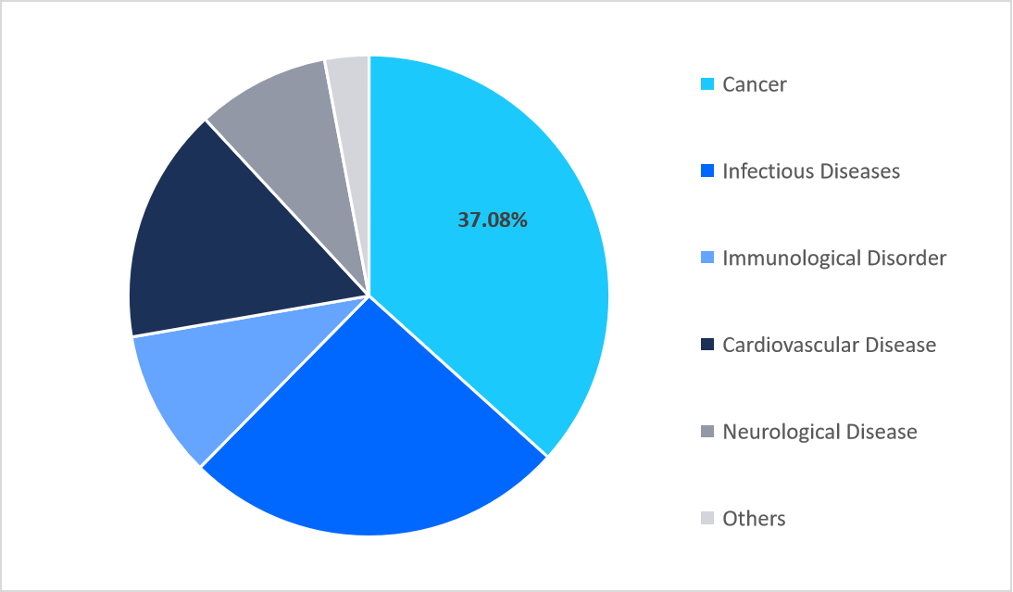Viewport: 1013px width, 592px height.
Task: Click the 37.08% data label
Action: tap(493, 220)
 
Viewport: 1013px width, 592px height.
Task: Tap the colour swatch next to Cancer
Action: tap(707, 84)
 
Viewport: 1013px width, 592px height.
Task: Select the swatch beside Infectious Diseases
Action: tap(707, 171)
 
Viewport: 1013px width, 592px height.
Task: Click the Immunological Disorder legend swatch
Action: tap(707, 258)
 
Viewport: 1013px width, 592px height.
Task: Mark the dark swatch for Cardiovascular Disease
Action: tap(707, 345)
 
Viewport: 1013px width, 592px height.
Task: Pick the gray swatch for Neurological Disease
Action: tap(707, 432)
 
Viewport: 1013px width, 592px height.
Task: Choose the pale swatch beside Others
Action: tap(707, 519)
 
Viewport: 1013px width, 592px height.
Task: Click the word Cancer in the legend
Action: tap(755, 84)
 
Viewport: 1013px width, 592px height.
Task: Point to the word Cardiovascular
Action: tap(790, 345)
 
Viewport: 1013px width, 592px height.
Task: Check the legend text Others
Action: tap(754, 519)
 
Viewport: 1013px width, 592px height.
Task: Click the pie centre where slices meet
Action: tap(369, 296)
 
